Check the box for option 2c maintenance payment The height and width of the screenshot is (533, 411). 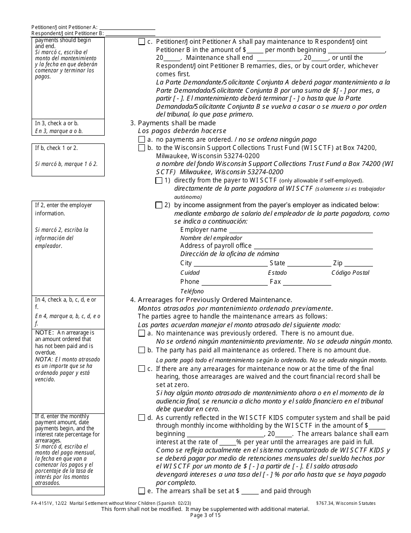(141, 42)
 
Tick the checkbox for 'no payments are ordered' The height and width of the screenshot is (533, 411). (141, 140)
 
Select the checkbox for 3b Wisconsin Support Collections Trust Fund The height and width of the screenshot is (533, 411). (141, 148)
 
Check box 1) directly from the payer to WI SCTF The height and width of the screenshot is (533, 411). (159, 180)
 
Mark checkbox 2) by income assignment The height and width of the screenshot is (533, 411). (159, 205)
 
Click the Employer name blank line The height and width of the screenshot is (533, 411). (300, 231)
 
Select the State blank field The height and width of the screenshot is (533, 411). (309, 263)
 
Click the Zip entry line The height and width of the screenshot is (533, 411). (358, 263)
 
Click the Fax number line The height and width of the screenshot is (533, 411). (307, 282)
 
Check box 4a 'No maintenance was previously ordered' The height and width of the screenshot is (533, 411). (141, 334)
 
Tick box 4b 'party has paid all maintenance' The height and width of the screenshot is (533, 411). (141, 350)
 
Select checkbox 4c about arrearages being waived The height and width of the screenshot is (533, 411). (141, 369)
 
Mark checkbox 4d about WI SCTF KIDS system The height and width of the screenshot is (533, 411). (141, 418)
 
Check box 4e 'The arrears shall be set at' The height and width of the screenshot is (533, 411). (141, 491)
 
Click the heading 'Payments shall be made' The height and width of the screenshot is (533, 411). (177, 123)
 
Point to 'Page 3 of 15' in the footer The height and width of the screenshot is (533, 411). (205, 515)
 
